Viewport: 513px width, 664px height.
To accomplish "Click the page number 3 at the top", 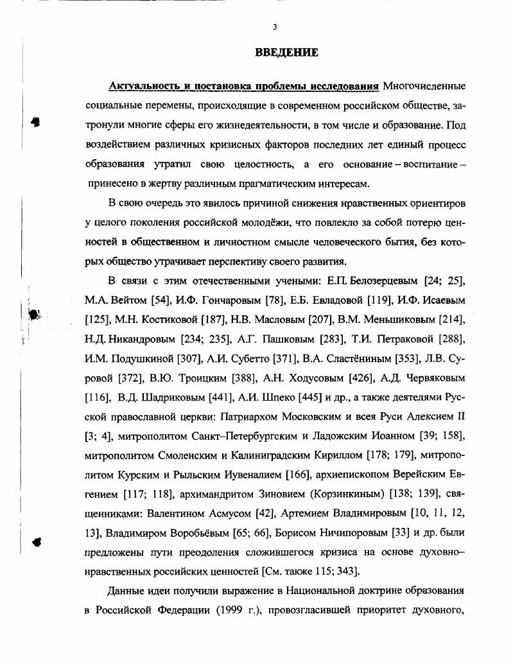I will [275, 27].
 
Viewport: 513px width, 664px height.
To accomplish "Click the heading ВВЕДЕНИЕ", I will [286, 53].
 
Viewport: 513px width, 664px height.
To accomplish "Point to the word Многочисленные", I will [424, 86].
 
